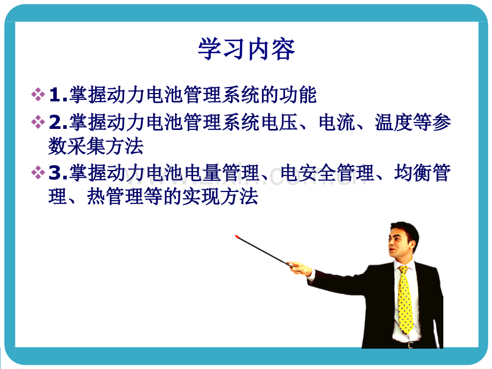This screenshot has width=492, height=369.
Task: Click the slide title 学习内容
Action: (x=247, y=49)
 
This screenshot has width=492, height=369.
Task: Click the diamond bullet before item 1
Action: (x=38, y=95)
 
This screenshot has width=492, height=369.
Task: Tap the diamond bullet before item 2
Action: (x=38, y=122)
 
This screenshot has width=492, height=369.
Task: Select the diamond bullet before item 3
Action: (x=38, y=173)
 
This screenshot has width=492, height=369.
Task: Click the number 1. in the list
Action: (x=58, y=95)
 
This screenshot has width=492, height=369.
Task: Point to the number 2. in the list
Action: (x=58, y=122)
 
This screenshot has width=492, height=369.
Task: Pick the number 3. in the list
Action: (x=58, y=173)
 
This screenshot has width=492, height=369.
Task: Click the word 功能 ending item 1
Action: (x=298, y=95)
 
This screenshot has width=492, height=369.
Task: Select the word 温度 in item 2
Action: (x=394, y=122)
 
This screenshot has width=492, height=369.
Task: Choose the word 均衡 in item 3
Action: (x=413, y=173)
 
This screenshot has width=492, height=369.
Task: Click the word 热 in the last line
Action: (x=96, y=197)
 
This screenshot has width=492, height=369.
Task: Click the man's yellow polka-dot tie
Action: (x=405, y=299)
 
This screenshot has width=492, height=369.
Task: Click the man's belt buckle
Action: (x=410, y=345)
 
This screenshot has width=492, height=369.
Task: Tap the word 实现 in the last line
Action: (x=201, y=197)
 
